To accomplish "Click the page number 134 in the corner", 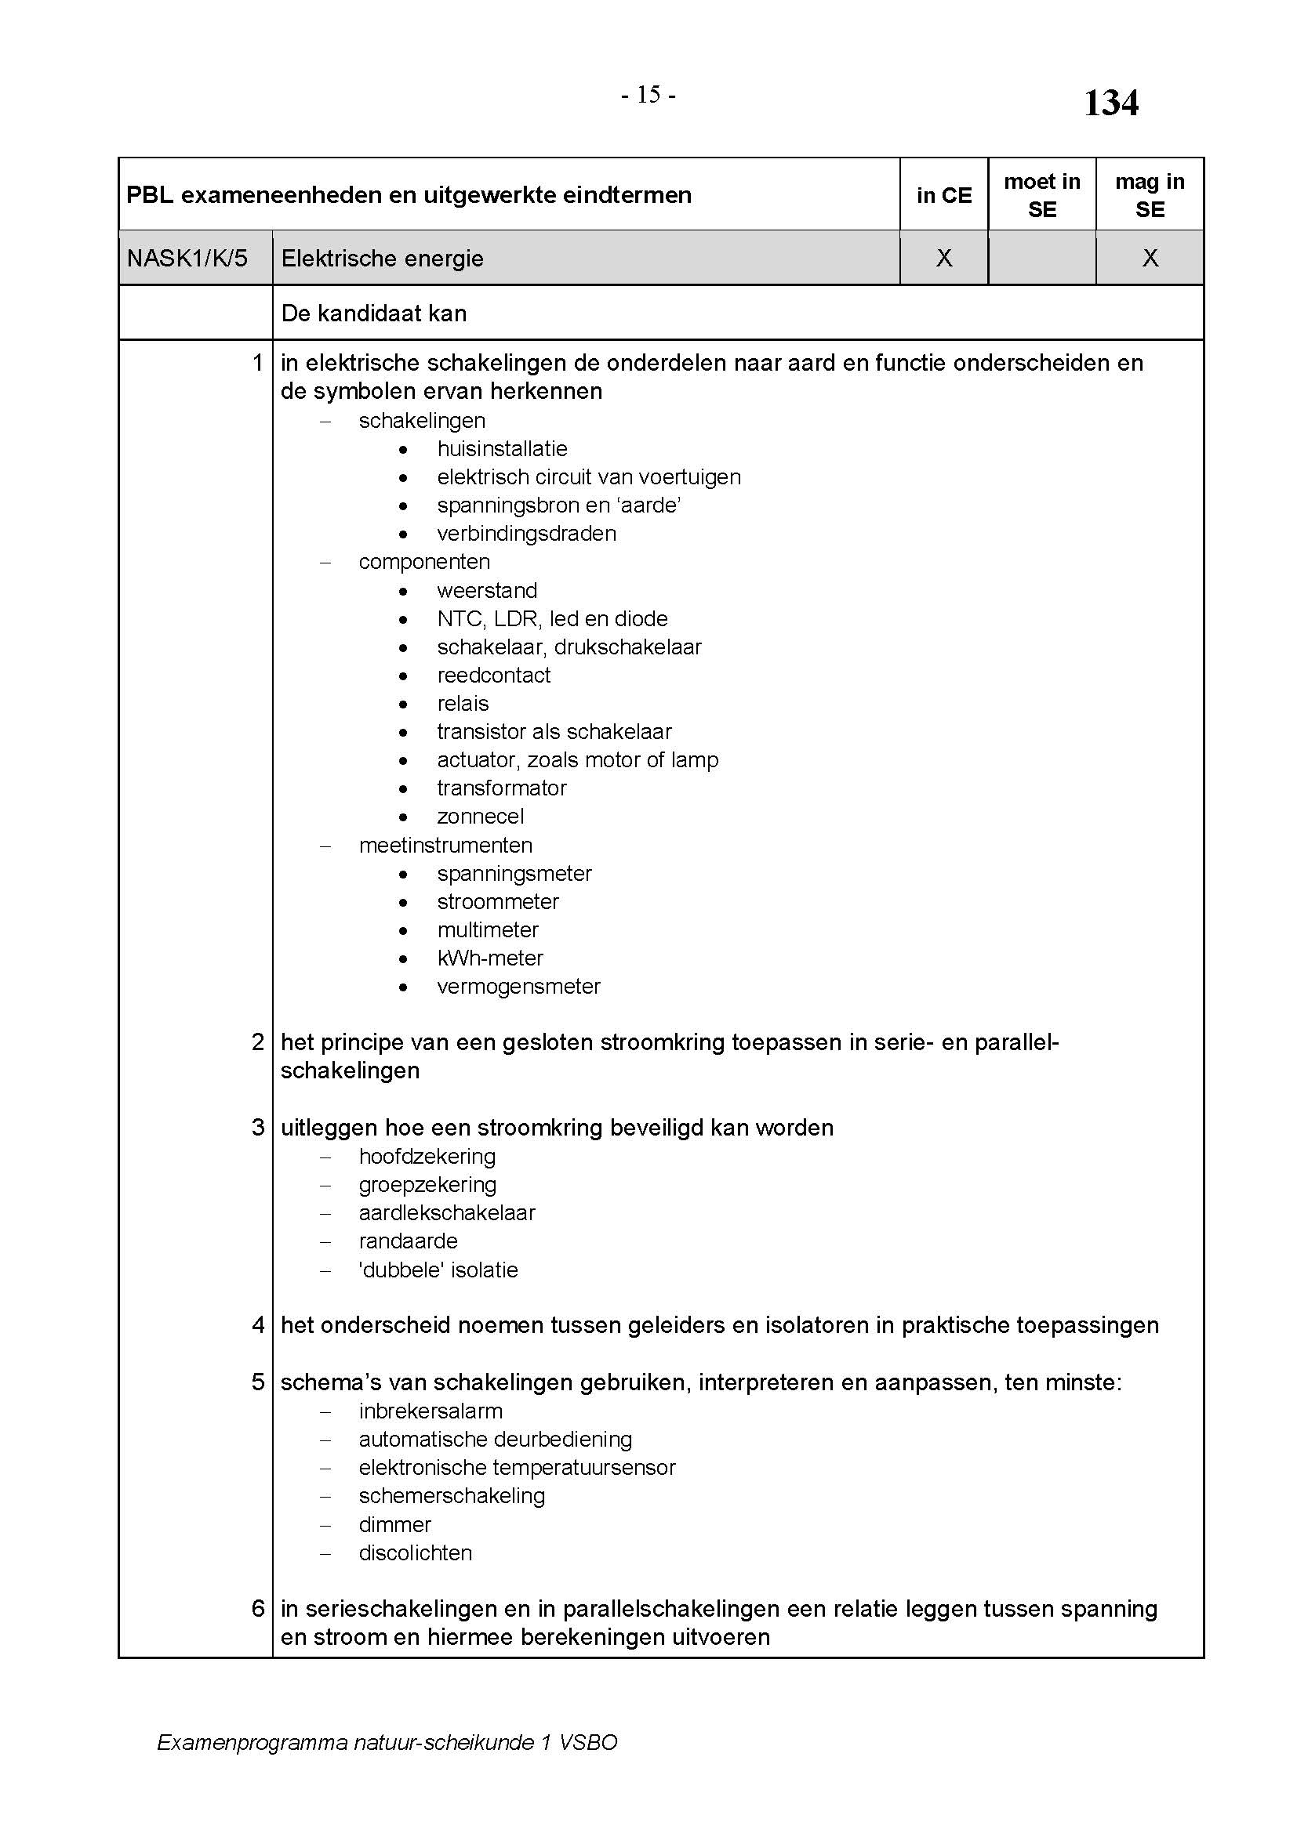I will click(x=1110, y=103).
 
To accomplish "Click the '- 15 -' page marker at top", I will click(x=648, y=95).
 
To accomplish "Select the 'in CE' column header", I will click(x=943, y=196).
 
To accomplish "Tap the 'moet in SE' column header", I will click(x=1041, y=196).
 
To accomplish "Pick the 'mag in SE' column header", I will click(x=1150, y=196).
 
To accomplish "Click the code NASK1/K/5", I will click(x=187, y=259).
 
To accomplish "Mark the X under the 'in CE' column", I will click(x=943, y=258).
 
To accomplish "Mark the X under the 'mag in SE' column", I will click(x=1150, y=258).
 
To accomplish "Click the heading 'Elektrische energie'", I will click(x=382, y=259).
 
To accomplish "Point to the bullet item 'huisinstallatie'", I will click(x=502, y=449).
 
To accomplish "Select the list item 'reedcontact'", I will click(x=492, y=676).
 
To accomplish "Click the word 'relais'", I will click(x=463, y=703).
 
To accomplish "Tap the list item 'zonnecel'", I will click(x=480, y=817).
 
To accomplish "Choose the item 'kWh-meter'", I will click(x=489, y=958).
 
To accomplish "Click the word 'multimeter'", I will click(x=487, y=930).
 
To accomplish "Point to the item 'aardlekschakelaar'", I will click(x=446, y=1212).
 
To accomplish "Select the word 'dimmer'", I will click(x=394, y=1525).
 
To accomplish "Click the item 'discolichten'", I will click(x=416, y=1552).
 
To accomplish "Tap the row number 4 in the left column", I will click(x=258, y=1325).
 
